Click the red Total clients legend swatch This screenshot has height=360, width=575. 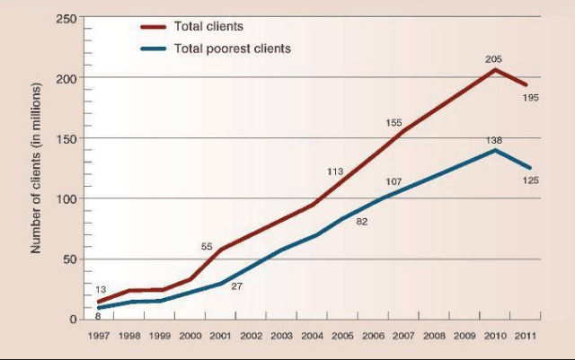(154, 27)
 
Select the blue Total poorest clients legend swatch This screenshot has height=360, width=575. (154, 48)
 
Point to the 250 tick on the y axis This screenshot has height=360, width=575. (66, 18)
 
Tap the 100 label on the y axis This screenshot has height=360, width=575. (66, 199)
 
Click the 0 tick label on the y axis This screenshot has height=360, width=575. (74, 320)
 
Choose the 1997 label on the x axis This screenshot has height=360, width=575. (99, 336)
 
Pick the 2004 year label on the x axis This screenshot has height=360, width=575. (312, 336)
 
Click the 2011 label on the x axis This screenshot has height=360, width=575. (525, 336)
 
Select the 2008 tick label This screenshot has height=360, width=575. (434, 336)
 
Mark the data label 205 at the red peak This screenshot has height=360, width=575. (493, 59)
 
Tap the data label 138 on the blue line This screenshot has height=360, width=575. (494, 140)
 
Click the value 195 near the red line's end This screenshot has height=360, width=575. (531, 98)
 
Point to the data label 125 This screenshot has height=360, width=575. (531, 180)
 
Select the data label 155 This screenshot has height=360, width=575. (394, 123)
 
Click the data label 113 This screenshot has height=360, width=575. (335, 171)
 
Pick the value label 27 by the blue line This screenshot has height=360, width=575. (236, 286)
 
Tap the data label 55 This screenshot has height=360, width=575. (207, 247)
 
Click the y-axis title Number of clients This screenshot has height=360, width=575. (36, 168)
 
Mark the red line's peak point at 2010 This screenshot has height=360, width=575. (495, 69)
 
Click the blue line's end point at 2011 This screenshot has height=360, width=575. (529, 168)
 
